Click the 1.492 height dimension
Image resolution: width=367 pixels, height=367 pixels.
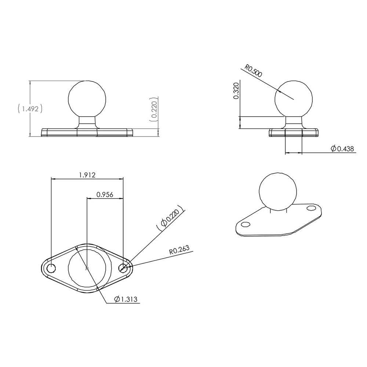(x=30, y=109)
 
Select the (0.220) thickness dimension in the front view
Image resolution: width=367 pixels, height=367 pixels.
(x=154, y=109)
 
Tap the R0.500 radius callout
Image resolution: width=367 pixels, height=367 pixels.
(x=254, y=71)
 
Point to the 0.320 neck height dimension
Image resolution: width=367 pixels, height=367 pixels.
(x=236, y=91)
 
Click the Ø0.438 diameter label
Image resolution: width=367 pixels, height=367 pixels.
(x=342, y=148)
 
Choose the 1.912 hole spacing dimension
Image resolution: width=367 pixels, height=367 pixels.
(x=87, y=175)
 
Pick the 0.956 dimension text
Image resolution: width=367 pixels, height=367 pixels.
(x=105, y=195)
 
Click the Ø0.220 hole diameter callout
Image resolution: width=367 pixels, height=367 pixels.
(x=170, y=217)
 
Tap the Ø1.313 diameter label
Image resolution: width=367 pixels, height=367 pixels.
(x=126, y=299)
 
